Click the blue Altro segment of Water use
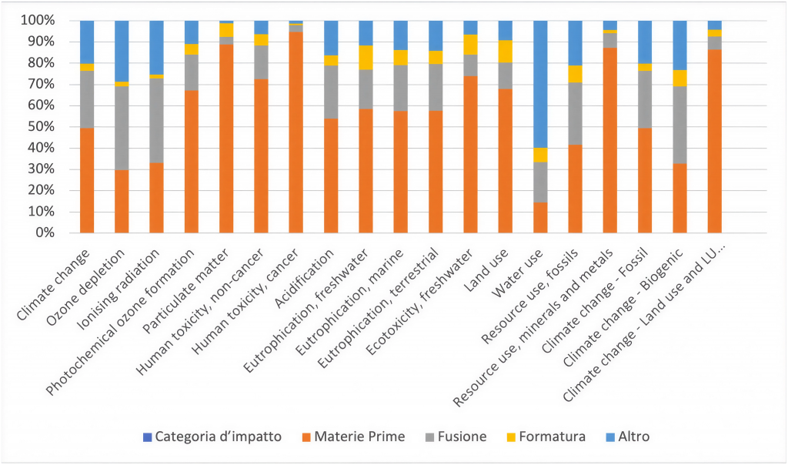coord(540,84)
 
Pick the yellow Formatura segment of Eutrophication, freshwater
coord(366,57)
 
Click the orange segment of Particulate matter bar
coord(226,139)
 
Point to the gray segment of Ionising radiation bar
coord(156,120)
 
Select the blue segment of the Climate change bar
coord(87,42)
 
